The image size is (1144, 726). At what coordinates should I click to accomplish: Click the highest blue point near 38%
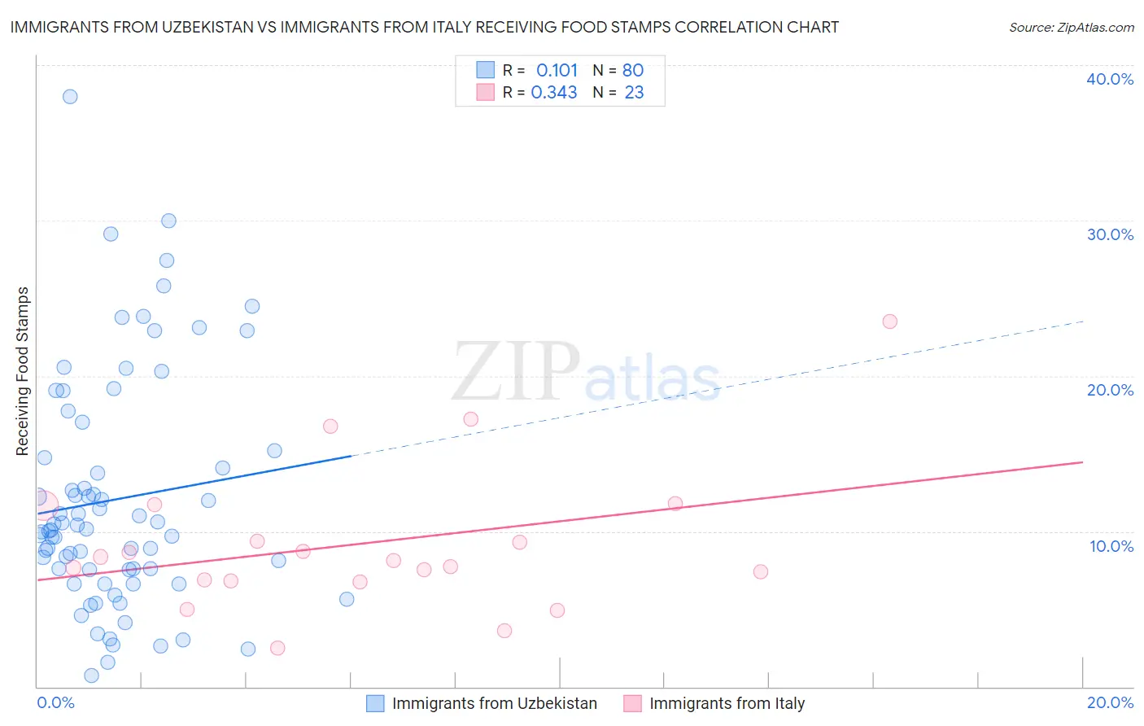(70, 97)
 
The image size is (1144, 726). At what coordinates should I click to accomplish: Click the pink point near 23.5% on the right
(889, 321)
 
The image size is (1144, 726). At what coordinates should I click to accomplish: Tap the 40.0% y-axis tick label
(1110, 79)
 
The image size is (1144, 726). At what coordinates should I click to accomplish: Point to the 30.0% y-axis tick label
(1110, 234)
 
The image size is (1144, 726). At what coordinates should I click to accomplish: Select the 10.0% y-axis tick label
(1111, 546)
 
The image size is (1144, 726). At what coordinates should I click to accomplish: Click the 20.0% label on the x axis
(1110, 702)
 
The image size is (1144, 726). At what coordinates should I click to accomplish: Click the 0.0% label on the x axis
(55, 702)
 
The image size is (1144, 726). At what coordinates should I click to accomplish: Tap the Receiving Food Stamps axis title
(23, 371)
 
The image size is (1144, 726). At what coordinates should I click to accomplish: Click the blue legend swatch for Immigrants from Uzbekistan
(375, 703)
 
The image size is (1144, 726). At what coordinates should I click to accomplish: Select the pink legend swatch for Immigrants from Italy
(632, 703)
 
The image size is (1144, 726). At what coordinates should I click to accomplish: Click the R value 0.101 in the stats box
(557, 70)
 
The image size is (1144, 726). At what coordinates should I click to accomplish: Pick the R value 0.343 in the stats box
(554, 93)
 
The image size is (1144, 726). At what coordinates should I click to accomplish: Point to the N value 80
(633, 70)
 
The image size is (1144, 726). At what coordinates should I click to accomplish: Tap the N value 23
(634, 93)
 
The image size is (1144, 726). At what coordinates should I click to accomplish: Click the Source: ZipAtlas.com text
(1071, 28)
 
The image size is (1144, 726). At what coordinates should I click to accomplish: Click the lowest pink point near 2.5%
(277, 648)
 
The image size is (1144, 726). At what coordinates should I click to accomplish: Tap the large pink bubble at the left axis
(42, 505)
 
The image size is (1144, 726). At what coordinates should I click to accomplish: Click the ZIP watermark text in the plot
(516, 372)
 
